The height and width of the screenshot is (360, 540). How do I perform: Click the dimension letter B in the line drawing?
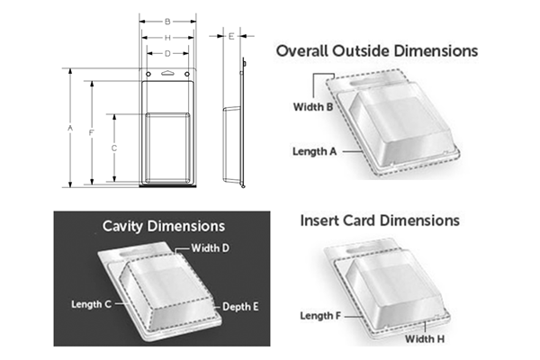click(167, 21)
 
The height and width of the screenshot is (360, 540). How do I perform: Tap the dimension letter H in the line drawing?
click(167, 37)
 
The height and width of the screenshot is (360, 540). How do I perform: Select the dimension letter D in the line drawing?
click(167, 54)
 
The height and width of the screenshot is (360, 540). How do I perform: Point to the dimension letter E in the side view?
click(231, 36)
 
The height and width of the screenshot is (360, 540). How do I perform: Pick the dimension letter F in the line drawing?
click(92, 133)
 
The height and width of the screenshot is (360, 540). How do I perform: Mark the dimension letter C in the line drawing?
click(113, 148)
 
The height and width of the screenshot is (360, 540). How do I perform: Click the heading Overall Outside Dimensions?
click(377, 51)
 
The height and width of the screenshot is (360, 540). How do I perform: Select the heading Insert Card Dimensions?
click(379, 220)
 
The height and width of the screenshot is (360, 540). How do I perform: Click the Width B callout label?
click(312, 107)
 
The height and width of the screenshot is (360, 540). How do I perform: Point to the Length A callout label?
click(314, 151)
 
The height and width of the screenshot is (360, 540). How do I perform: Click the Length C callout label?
click(92, 304)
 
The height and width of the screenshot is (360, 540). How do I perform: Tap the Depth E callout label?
click(240, 307)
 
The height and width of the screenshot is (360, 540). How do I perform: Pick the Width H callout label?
click(427, 339)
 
